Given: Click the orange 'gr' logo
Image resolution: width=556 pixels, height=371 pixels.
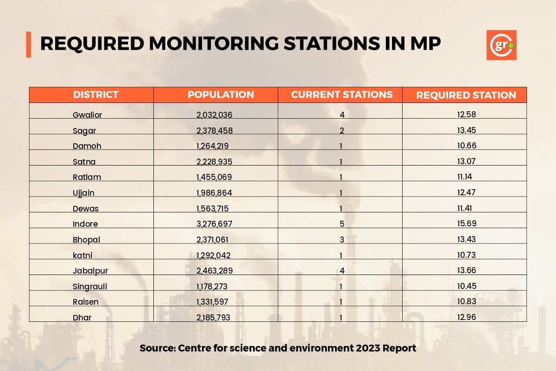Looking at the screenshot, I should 501,45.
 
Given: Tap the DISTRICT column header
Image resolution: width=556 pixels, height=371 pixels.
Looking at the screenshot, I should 96,95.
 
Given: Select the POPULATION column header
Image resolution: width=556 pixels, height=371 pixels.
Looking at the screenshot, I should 221,95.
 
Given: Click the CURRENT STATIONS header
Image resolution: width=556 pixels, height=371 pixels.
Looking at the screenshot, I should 342,95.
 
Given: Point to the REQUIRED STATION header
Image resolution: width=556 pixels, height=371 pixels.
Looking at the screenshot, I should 466,95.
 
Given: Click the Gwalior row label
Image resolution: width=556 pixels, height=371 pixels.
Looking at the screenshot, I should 87,115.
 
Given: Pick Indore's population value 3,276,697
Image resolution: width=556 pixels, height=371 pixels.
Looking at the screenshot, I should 214,224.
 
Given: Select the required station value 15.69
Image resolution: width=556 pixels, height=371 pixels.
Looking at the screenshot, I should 467,224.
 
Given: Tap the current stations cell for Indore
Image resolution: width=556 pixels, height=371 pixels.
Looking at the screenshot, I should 342,224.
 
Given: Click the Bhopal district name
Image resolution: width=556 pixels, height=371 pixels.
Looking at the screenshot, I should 86,240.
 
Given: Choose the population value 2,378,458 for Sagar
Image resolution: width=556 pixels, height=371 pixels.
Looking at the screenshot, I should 214,131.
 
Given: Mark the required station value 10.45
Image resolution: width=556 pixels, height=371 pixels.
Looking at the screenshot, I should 467,286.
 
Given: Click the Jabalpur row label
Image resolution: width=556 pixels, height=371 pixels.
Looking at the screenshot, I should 90,271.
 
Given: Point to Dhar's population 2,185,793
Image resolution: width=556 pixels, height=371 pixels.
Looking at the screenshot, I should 213,318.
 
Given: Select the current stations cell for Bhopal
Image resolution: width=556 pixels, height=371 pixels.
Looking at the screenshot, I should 342,240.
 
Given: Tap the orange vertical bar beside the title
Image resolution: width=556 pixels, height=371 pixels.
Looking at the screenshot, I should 28,45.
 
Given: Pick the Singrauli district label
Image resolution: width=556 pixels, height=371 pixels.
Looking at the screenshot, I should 90,287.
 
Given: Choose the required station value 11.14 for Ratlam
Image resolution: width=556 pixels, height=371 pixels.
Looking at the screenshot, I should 467,177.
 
